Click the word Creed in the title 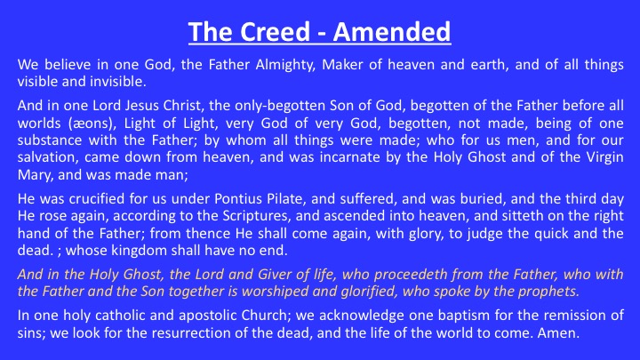pos(275,32)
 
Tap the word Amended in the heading pos(392,32)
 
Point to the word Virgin pos(604,157)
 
